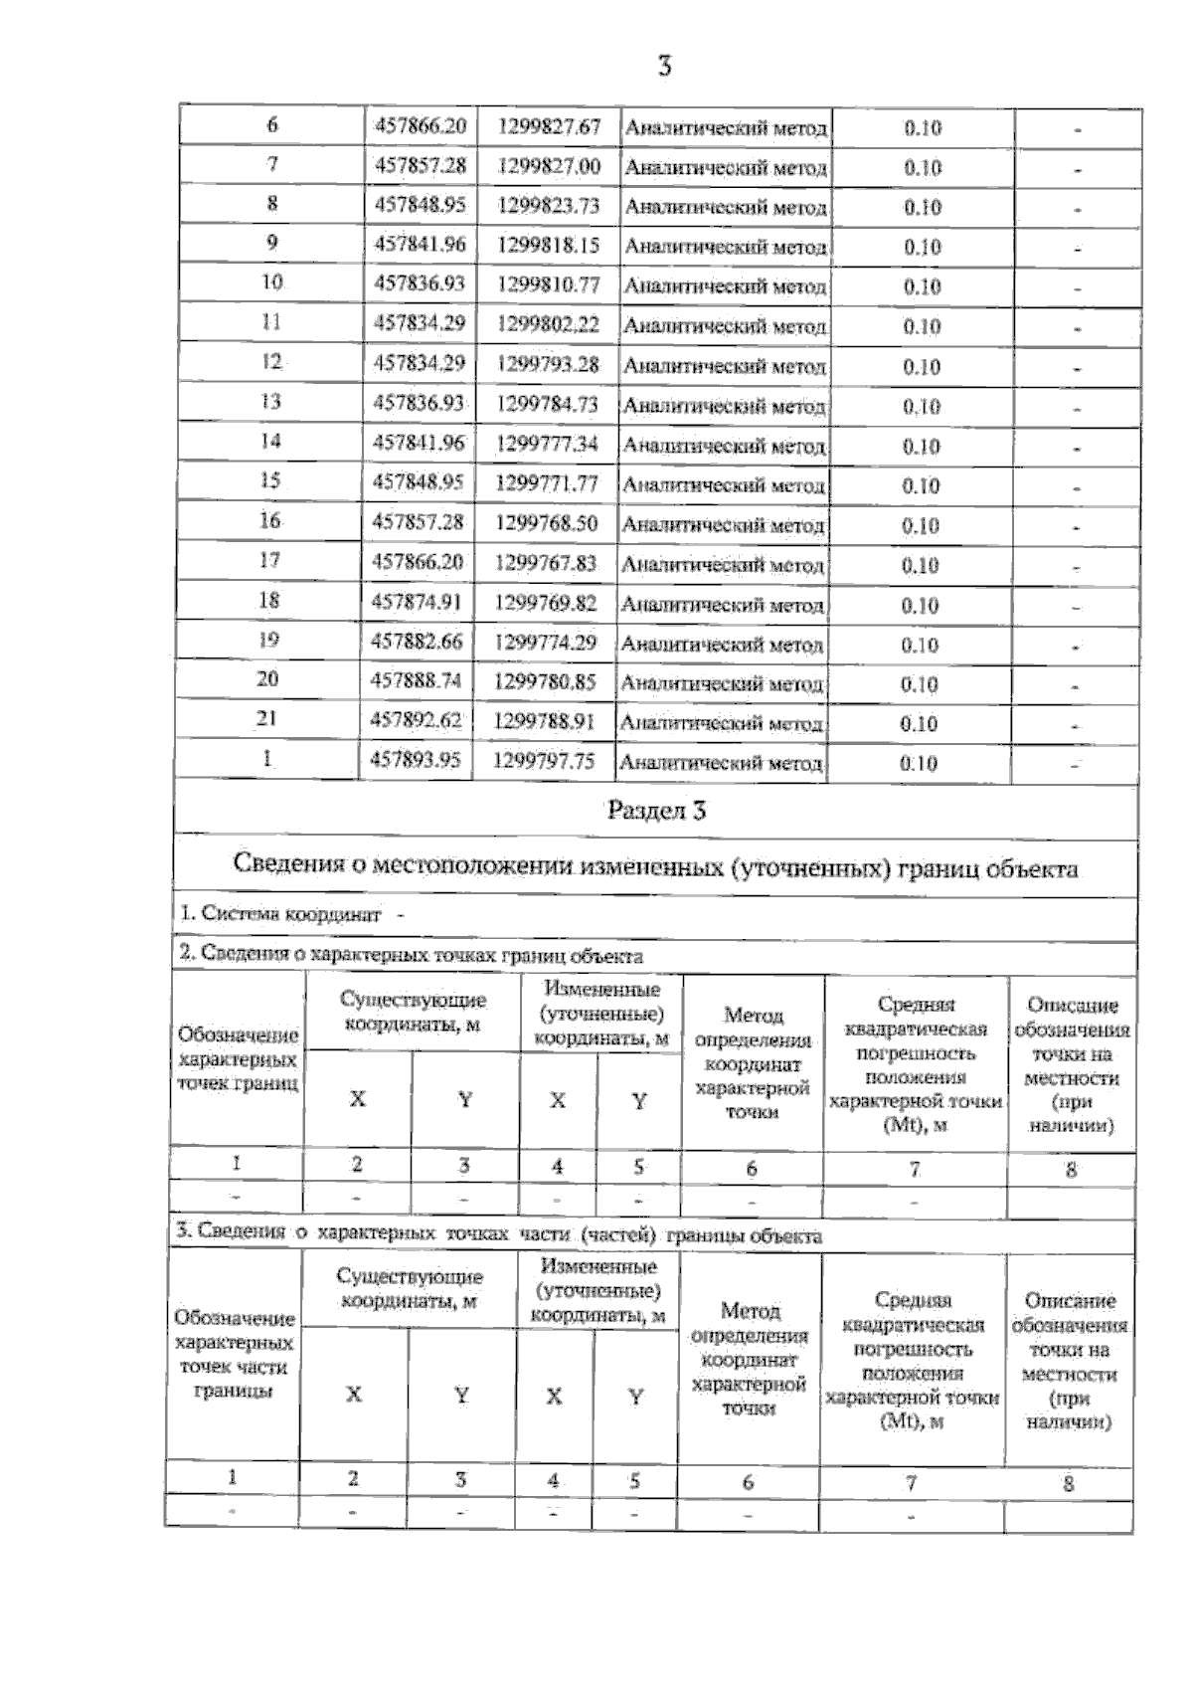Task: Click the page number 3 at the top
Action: click(664, 68)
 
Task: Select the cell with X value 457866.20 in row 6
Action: click(420, 126)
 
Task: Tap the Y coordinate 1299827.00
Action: click(549, 166)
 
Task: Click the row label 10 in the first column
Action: click(271, 282)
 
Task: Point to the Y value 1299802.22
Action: click(548, 324)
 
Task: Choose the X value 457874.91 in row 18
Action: click(417, 602)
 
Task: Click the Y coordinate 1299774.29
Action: click(545, 643)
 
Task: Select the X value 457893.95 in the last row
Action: click(416, 761)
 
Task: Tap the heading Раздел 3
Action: click(656, 810)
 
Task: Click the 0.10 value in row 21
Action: click(919, 724)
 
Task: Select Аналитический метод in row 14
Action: click(723, 447)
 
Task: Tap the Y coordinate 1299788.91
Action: click(544, 721)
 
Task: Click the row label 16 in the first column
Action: click(269, 520)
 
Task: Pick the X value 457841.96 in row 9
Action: click(419, 245)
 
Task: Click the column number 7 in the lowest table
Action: click(910, 1483)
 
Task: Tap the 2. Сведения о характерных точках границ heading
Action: click(410, 956)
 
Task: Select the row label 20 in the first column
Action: click(267, 679)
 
